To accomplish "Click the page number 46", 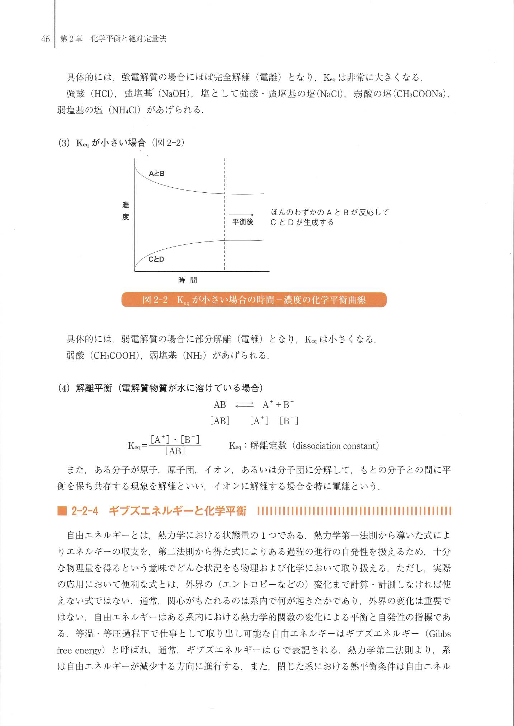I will (x=45, y=39).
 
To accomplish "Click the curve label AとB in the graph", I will (x=157, y=174).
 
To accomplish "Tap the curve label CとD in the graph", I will (x=156, y=259).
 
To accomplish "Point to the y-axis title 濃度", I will (x=126, y=211).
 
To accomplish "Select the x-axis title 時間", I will (x=188, y=280).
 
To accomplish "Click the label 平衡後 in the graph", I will (x=243, y=222).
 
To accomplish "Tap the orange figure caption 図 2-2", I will (x=254, y=300).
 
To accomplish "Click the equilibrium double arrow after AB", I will (x=244, y=405).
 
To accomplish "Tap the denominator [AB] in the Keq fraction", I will (x=175, y=451).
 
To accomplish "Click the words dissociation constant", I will (x=335, y=446).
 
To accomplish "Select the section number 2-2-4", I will (x=85, y=511).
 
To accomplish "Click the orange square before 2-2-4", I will (x=62, y=511).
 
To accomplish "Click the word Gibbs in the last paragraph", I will (x=440, y=634).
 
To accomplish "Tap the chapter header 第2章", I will (x=71, y=39).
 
